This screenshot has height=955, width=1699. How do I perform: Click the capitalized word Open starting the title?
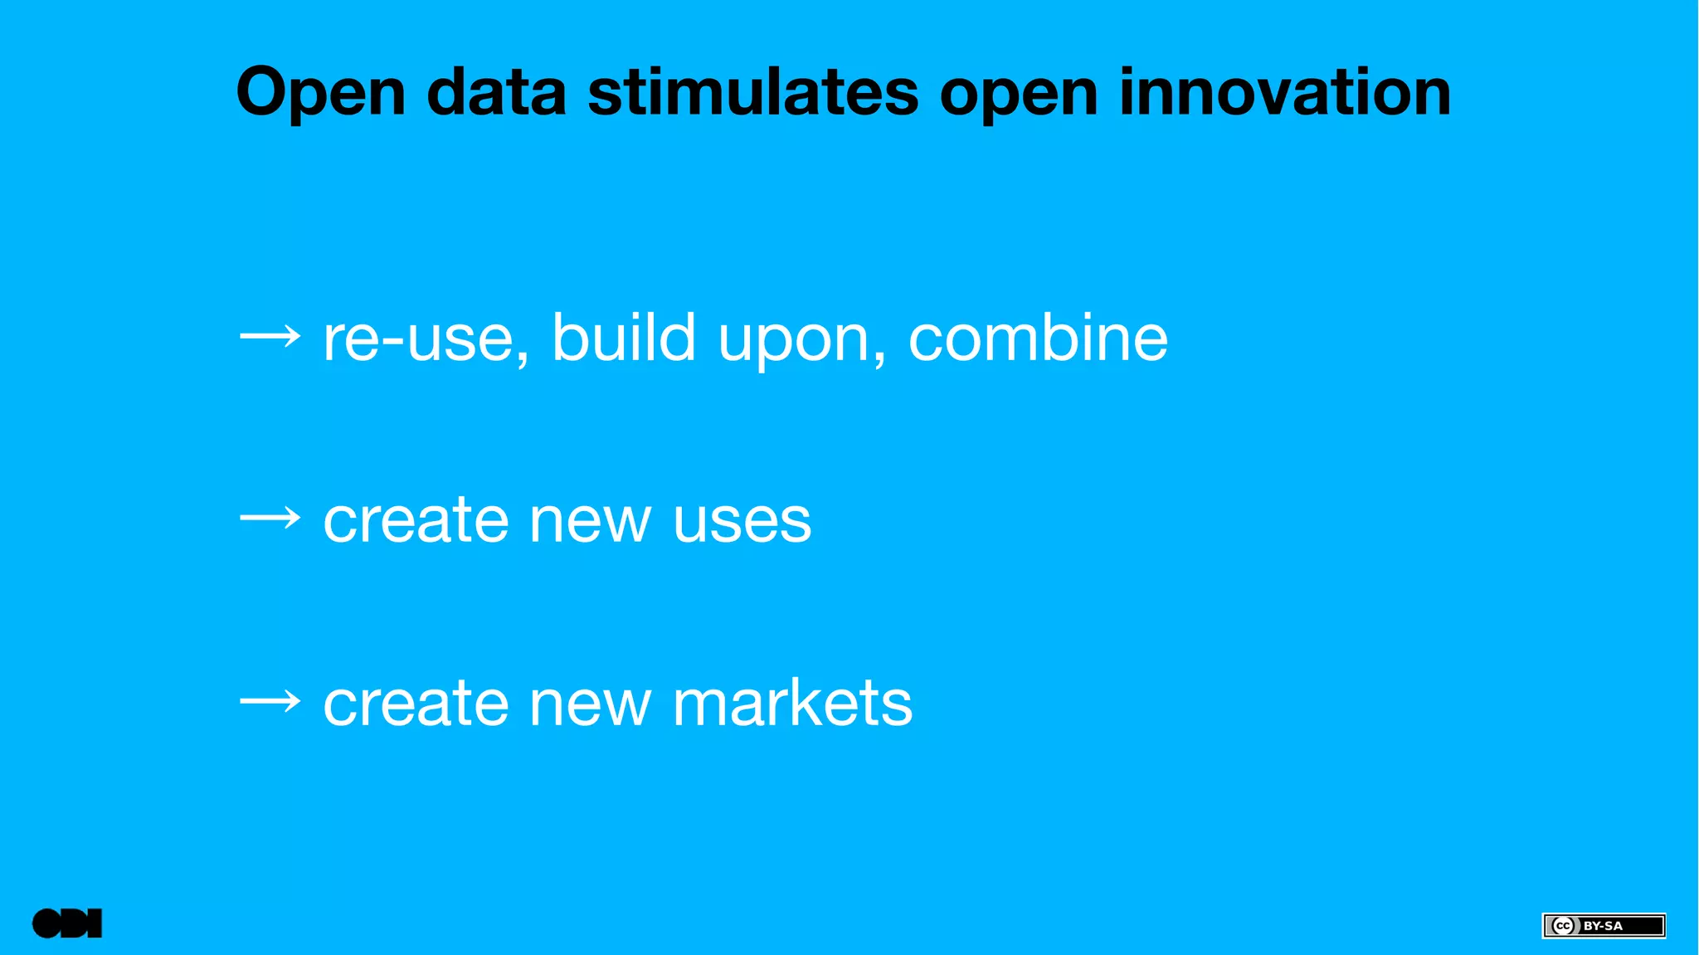click(x=320, y=93)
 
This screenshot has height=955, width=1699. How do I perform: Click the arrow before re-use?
click(x=270, y=337)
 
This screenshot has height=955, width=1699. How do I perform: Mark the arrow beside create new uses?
click(x=270, y=519)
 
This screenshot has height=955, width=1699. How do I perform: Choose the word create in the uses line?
click(x=415, y=521)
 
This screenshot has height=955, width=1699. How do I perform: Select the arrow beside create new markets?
click(x=270, y=703)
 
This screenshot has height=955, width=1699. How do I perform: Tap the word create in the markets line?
click(x=415, y=704)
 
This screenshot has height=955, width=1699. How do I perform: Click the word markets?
click(x=792, y=703)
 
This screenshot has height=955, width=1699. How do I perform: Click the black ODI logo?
click(x=67, y=923)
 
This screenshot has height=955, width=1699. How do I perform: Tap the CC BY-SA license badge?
click(x=1603, y=925)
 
